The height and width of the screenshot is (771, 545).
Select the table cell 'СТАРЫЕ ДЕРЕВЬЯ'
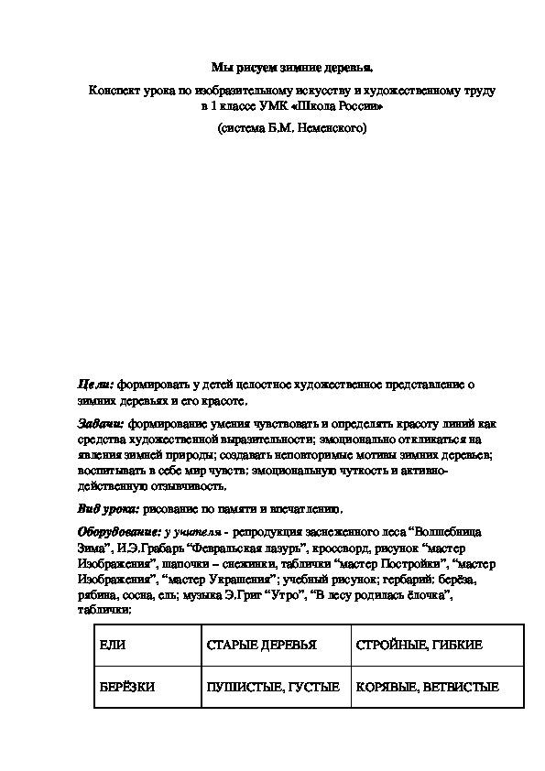coord(261,645)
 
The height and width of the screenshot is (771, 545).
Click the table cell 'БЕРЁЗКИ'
coord(127,686)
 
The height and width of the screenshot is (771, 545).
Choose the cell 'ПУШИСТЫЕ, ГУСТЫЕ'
coord(273,686)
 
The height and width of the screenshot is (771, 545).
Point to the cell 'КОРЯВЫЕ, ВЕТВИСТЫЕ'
coord(428,686)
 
